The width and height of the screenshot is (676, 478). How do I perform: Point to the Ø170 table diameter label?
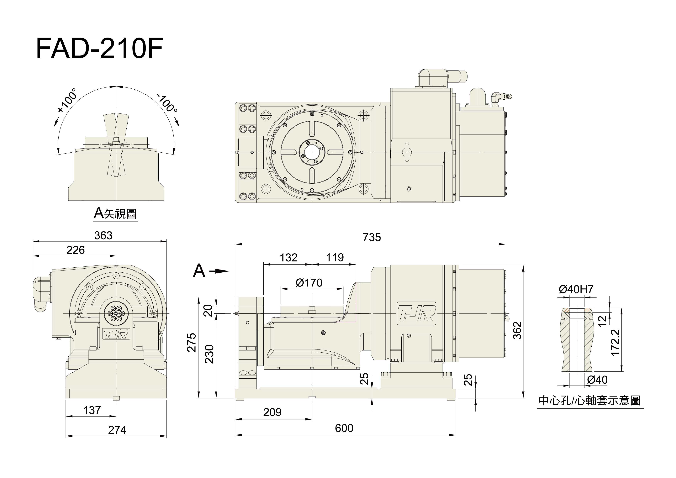pyautogui.click(x=309, y=283)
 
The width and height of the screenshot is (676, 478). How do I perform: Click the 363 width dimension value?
pyautogui.click(x=103, y=235)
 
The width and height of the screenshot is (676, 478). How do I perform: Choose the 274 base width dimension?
pyautogui.click(x=117, y=430)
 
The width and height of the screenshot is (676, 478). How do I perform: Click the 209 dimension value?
pyautogui.click(x=272, y=412)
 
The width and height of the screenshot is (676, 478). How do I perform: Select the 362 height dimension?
pyautogui.click(x=517, y=330)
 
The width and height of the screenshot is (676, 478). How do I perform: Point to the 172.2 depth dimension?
pyautogui.click(x=615, y=342)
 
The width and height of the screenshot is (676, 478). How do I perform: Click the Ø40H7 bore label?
pyautogui.click(x=576, y=290)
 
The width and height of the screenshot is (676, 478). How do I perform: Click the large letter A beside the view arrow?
pyautogui.click(x=199, y=271)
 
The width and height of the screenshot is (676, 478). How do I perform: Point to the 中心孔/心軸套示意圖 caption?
pyautogui.click(x=589, y=401)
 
